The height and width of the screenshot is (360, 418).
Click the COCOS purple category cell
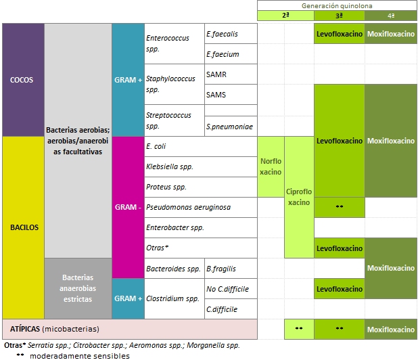click(23, 80)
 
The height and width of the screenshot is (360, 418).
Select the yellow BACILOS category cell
click(23, 227)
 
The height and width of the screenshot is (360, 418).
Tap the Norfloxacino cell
click(271, 166)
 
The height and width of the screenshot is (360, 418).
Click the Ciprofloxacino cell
click(299, 196)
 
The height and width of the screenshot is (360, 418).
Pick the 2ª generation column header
click(285, 15)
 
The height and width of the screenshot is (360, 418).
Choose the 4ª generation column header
click(391, 15)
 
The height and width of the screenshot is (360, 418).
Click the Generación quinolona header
click(337, 5)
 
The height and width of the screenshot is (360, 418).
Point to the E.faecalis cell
click(222, 34)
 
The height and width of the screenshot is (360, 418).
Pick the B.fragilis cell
click(221, 269)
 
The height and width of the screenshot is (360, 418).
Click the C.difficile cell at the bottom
click(222, 309)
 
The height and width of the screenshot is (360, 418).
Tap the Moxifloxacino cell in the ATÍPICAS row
click(391, 330)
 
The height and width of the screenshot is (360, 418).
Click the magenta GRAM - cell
click(129, 207)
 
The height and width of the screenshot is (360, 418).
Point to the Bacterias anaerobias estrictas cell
click(78, 288)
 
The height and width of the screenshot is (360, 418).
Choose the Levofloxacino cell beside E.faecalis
click(340, 34)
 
